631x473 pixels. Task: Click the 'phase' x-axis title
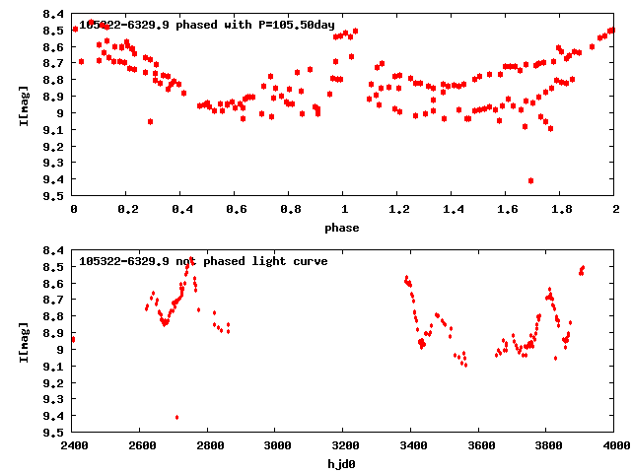point(344,228)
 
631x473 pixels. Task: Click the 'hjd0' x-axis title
point(344,462)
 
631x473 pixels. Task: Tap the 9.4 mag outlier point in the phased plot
point(531,180)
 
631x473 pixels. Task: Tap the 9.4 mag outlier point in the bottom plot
point(176,417)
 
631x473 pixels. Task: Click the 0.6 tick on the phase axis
point(236,210)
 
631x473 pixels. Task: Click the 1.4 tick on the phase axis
point(453,210)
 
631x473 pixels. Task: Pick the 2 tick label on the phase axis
point(615,210)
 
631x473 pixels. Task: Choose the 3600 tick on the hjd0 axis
point(480,445)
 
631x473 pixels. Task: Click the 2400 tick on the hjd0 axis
point(74,445)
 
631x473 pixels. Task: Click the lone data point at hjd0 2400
point(74,339)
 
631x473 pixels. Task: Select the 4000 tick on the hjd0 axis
point(615,445)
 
